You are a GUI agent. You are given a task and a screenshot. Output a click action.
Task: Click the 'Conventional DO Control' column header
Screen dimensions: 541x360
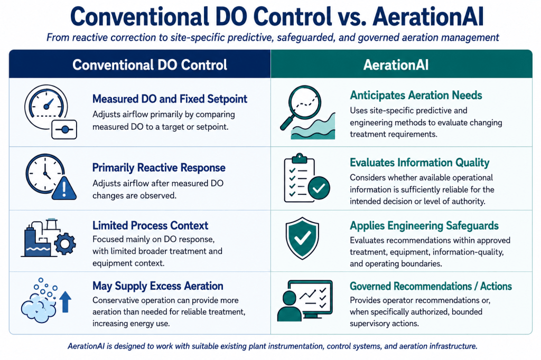[x=150, y=65]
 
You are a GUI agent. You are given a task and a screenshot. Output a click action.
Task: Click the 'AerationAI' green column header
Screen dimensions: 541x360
[x=396, y=65]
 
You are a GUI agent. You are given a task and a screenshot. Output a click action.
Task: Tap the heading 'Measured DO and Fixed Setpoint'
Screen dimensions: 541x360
[x=170, y=99]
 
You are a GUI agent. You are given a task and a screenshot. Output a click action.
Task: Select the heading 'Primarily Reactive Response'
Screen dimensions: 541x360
[x=158, y=167]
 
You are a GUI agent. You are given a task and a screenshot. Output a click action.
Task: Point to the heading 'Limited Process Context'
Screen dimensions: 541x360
[x=150, y=225]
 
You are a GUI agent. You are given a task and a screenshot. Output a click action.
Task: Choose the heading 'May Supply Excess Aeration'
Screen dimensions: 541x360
[x=157, y=286]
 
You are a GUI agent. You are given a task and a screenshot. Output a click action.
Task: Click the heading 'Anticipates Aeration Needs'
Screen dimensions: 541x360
[x=416, y=95]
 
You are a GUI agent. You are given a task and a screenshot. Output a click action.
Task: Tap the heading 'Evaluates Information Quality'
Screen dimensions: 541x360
[x=419, y=163]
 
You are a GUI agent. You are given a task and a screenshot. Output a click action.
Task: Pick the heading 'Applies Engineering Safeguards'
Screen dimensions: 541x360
[x=424, y=225]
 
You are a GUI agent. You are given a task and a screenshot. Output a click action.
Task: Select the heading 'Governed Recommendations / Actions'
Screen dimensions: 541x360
[x=431, y=286]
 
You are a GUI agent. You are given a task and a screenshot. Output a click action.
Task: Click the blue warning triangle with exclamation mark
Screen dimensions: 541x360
[x=64, y=189]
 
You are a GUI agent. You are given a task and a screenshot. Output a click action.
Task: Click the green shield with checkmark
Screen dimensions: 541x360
[x=302, y=238]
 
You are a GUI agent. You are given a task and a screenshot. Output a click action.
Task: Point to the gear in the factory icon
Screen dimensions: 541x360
[x=64, y=244]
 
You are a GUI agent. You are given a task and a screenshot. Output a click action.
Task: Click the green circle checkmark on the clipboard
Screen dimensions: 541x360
[x=319, y=188]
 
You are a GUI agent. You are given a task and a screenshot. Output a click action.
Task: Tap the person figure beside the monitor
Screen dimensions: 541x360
[x=289, y=306]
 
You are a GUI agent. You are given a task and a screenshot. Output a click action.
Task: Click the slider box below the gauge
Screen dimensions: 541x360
[x=64, y=130]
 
